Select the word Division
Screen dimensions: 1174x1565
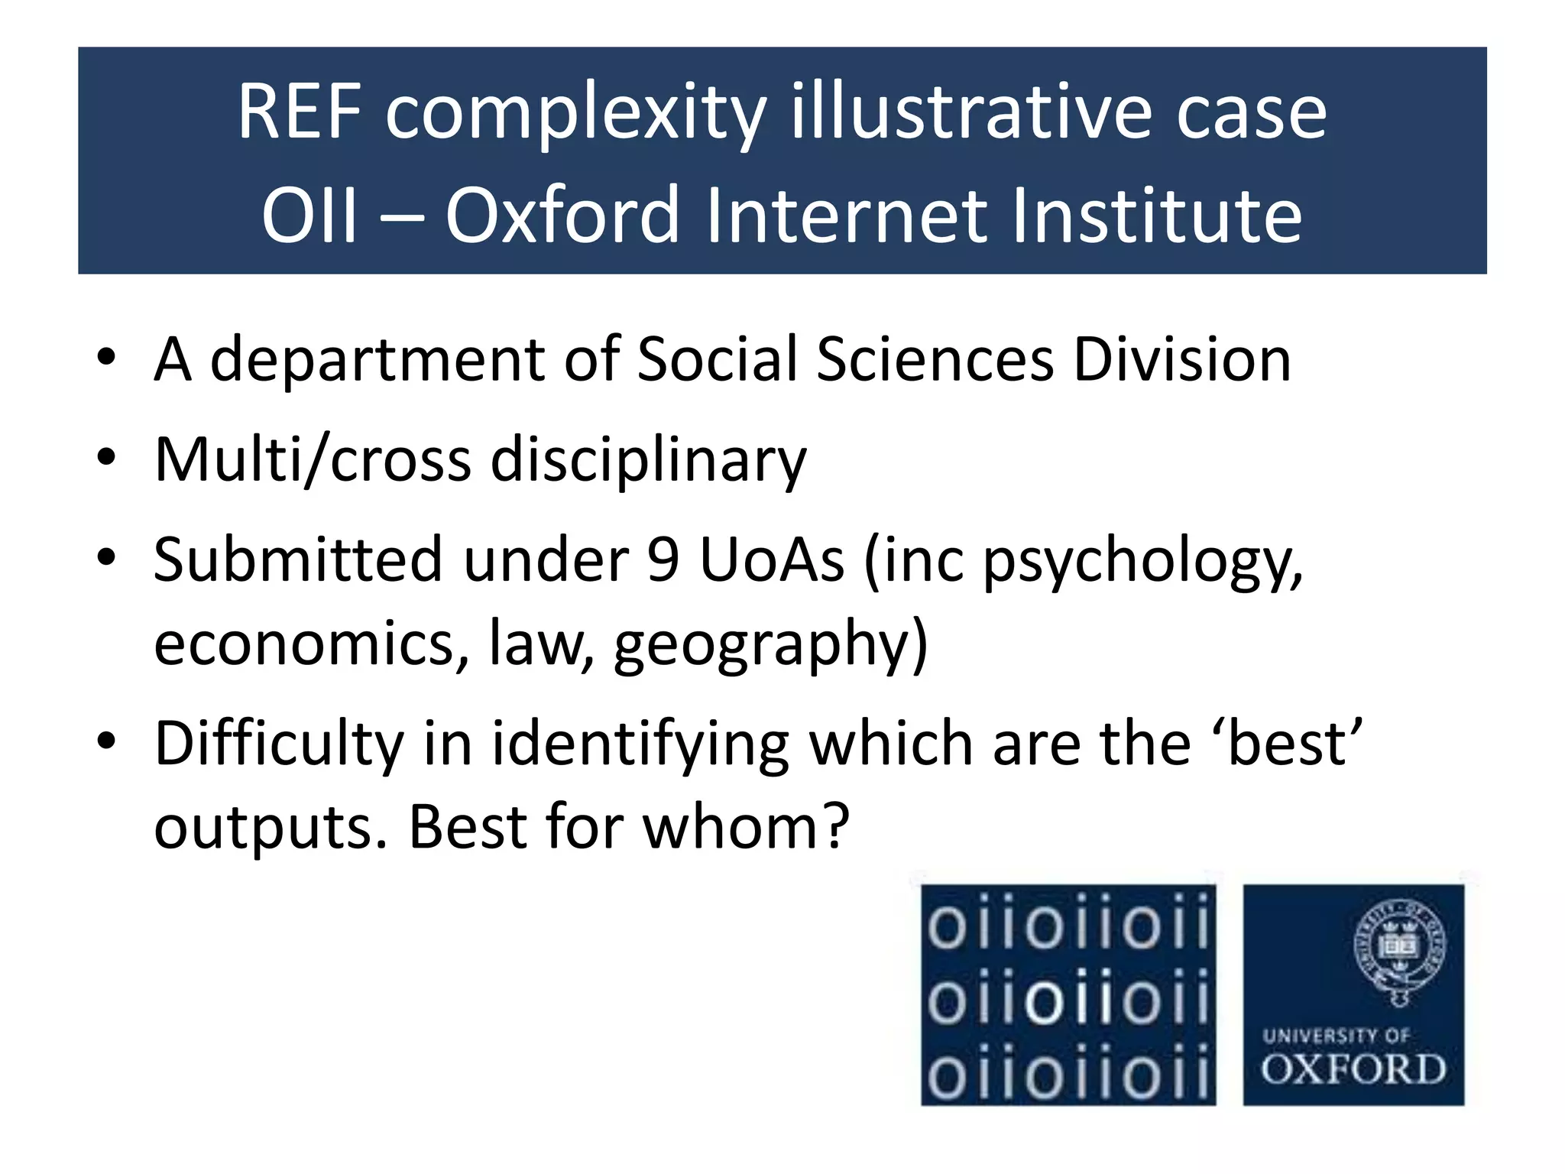[x=1182, y=359]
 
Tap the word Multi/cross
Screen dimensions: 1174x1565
[x=313, y=460]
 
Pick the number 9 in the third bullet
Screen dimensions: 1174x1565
[x=663, y=559]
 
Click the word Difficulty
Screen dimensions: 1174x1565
[x=279, y=744]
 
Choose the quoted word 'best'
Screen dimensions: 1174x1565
[x=1294, y=743]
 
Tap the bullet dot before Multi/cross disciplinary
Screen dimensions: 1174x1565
[x=106, y=458]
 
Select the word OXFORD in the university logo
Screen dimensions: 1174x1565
[x=1353, y=1069]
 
